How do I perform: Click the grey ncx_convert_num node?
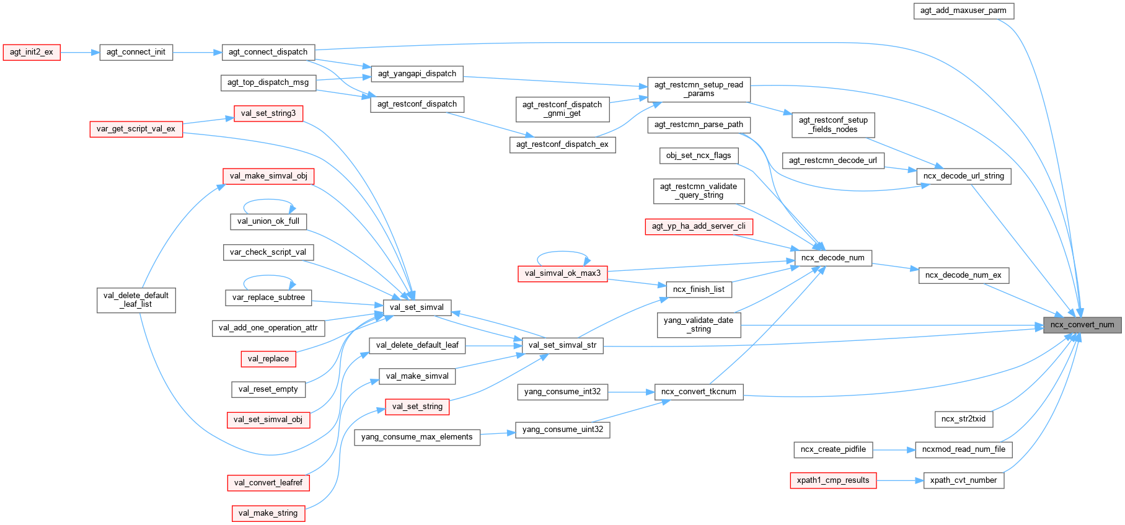1082,325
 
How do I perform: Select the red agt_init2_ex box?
32,52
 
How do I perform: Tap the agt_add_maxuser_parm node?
963,11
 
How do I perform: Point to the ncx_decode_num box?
832,258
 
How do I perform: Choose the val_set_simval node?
417,307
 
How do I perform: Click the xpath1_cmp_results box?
833,480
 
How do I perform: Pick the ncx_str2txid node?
963,419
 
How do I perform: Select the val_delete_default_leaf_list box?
136,300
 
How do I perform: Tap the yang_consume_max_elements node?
417,437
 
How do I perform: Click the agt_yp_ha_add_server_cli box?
699,226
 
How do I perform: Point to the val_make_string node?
268,513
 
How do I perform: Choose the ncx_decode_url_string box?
963,176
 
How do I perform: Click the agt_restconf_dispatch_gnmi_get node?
562,109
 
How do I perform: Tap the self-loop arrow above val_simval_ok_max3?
562,252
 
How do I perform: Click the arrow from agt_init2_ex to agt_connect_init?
80,52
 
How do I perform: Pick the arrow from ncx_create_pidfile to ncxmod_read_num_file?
894,449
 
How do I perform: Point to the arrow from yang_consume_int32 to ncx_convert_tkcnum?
631,392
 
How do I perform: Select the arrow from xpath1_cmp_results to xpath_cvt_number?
900,480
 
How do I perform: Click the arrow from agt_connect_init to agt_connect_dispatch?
197,52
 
